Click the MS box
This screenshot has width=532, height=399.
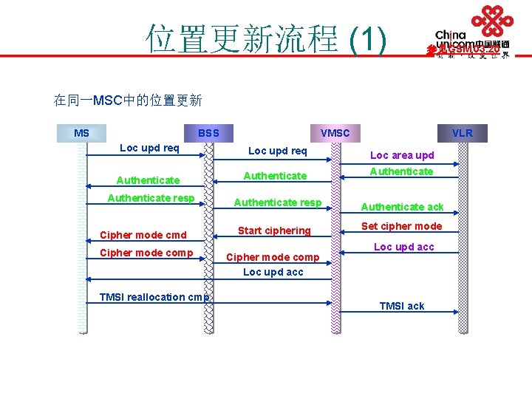pos(81,133)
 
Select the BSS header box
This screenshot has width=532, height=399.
pos(208,133)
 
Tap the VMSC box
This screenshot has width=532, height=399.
pos(335,133)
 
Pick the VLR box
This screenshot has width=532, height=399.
pos(463,133)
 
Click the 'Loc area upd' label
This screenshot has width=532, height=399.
pos(402,155)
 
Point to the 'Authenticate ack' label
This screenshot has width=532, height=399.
pos(402,207)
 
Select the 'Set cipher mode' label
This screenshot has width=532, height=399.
pos(401,226)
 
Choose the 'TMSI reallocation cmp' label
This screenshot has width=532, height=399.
pos(154,297)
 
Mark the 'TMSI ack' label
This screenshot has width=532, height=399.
pos(402,306)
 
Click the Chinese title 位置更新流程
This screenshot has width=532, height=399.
pos(242,38)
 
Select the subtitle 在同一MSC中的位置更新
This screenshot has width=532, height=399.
pos(128,100)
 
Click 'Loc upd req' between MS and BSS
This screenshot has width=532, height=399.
pos(149,148)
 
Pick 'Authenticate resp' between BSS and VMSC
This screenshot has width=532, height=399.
pos(278,202)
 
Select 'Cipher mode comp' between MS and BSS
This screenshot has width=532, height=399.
pos(146,253)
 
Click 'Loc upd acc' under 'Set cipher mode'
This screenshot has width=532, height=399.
pos(404,247)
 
